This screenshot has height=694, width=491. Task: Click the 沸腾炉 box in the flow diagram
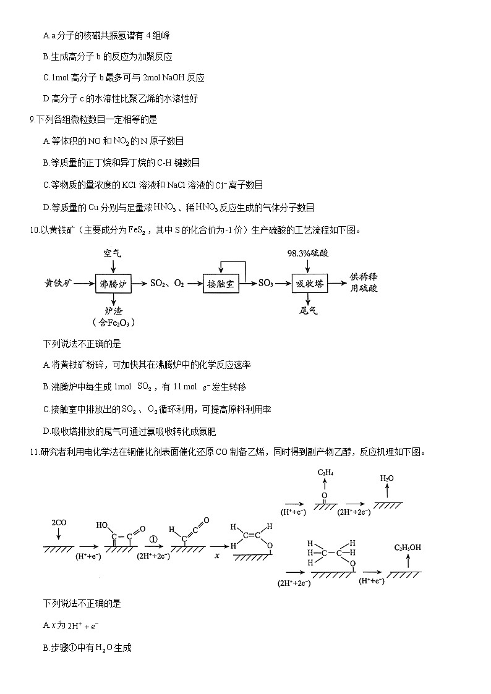click(114, 284)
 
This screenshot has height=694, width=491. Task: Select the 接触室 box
click(220, 284)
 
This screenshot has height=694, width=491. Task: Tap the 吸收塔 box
click(309, 284)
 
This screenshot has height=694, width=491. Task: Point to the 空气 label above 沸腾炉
click(113, 253)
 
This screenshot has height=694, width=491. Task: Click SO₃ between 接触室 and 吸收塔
click(266, 284)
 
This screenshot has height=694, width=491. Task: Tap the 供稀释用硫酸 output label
click(364, 282)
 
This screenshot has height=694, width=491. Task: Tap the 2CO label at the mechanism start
click(59, 523)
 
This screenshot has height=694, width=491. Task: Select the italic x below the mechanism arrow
click(217, 556)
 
